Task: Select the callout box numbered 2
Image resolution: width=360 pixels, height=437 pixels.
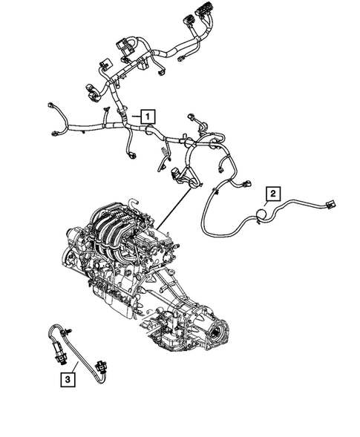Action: [272, 194]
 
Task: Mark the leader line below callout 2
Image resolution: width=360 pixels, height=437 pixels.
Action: [268, 206]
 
